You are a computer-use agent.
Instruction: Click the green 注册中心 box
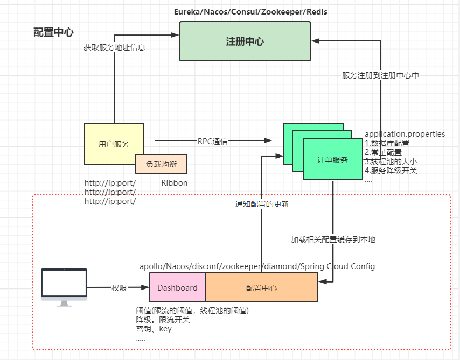coord(245,41)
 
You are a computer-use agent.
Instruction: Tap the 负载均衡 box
coord(161,164)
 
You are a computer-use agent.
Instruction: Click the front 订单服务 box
coord(333,159)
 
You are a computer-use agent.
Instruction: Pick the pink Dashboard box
coord(177,287)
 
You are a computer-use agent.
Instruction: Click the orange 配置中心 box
coord(261,287)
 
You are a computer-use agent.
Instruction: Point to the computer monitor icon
coord(64,287)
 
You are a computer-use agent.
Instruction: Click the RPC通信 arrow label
coord(213,142)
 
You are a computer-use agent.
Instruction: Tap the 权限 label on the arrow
coord(119,287)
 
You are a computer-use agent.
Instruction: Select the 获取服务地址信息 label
coord(114,47)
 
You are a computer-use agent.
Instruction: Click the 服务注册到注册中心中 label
coord(380,75)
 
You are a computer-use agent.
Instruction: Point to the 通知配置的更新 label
coord(262,204)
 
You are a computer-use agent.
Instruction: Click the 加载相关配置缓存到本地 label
coord(333,239)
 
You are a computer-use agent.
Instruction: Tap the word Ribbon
coord(175,182)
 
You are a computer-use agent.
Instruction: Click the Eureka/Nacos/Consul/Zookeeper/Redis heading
coord(250,12)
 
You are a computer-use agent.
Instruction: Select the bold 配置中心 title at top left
coord(53,32)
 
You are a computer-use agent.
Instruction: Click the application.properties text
coord(405,134)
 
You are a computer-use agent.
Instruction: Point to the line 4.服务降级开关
coord(391,171)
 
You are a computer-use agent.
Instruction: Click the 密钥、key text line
coord(154,329)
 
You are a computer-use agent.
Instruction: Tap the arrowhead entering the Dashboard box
coord(145,287)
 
